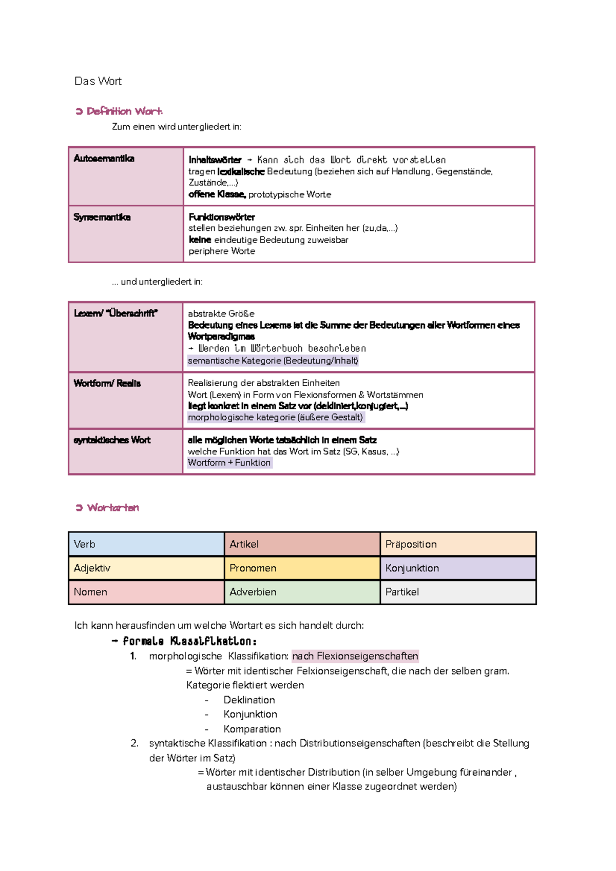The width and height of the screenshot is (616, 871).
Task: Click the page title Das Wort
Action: tap(98, 81)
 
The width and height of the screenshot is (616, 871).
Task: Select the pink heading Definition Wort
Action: tap(124, 111)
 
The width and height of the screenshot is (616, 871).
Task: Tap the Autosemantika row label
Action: tap(104, 159)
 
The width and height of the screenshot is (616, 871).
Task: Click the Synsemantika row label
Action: tap(102, 217)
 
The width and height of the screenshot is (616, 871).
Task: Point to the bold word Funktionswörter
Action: tap(221, 217)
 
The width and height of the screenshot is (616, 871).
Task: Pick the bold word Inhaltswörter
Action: tap(215, 160)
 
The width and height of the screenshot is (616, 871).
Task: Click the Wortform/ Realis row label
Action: tap(107, 383)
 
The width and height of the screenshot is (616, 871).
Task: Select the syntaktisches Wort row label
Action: tap(112, 440)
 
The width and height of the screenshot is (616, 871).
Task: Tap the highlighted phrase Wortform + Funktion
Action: tap(229, 463)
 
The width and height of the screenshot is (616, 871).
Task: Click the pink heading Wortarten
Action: tap(113, 508)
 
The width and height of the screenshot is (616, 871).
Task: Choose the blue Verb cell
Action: tap(146, 544)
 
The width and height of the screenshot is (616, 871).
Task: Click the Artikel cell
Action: tap(302, 544)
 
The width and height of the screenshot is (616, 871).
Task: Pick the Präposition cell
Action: tap(458, 544)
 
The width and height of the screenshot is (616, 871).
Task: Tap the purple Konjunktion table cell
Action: tap(458, 568)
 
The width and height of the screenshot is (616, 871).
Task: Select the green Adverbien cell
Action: tap(302, 592)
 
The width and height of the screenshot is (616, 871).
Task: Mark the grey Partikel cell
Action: tap(458, 592)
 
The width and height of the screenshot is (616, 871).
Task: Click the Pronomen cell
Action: tap(302, 568)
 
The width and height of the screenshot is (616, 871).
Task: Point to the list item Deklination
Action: tap(249, 700)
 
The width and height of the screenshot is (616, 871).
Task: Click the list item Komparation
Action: tap(252, 729)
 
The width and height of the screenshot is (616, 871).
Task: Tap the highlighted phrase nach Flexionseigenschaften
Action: tap(355, 656)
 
